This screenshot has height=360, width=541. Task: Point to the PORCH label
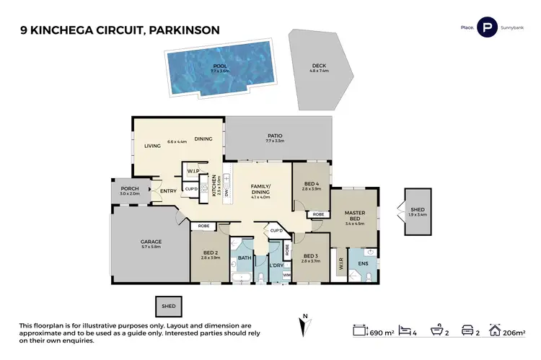(x=130, y=189)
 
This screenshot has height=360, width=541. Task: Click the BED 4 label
(x=312, y=185)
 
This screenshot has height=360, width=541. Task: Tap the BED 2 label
(x=211, y=253)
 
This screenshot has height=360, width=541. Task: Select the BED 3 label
(x=311, y=256)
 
